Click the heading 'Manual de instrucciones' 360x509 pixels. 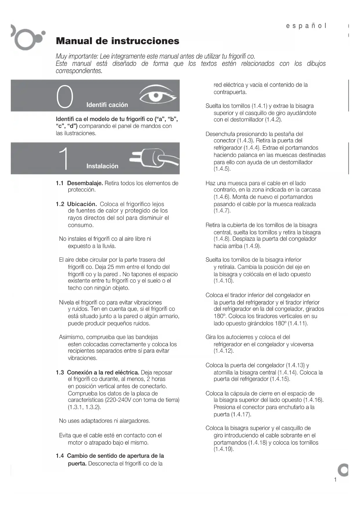click(117, 41)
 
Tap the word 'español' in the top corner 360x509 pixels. click(306, 26)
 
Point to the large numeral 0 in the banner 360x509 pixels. click(65, 97)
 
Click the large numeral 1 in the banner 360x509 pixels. click(65, 158)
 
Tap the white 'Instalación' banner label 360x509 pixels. click(102, 166)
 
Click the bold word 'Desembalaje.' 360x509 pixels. click(85, 183)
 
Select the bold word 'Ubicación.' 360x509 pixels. click(82, 204)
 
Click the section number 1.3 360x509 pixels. click(60, 372)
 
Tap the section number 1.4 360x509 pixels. click(60, 456)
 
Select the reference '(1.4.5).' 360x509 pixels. click(222, 169)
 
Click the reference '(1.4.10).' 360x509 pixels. click(224, 281)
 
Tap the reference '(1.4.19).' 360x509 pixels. click(224, 449)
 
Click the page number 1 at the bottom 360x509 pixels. click(335, 479)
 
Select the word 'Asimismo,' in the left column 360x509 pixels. click(72, 337)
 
